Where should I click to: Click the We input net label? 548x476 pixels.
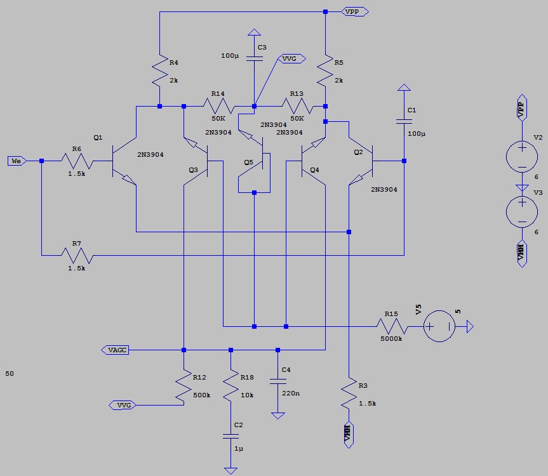point(17,161)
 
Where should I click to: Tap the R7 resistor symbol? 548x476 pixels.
point(77,256)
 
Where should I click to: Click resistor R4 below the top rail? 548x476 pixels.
point(159,74)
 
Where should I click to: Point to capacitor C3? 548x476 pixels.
point(254,58)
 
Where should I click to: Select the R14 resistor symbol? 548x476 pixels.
point(218,107)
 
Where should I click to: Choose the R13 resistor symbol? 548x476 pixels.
point(297,107)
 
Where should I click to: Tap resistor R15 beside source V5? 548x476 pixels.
point(391,327)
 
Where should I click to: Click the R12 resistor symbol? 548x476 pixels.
point(184,388)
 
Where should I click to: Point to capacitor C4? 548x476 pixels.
point(277,382)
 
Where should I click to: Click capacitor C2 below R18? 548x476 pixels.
point(231,436)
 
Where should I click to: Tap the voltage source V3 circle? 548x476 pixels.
point(522,211)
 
